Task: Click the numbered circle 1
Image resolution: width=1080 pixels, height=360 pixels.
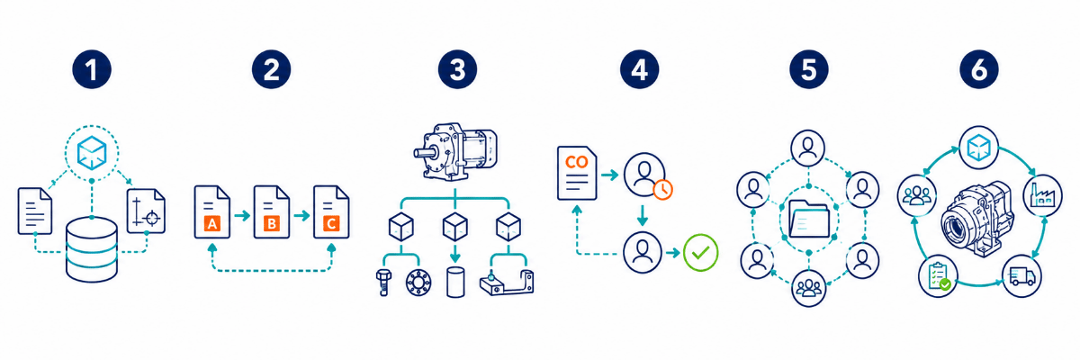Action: (92, 69)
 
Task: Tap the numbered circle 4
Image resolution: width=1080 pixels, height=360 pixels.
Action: (639, 69)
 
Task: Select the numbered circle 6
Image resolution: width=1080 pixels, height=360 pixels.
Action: (979, 69)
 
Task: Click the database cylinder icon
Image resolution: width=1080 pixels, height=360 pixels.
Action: (92, 249)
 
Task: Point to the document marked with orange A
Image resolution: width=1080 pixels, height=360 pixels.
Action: (212, 212)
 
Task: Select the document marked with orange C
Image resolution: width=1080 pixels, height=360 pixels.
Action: (331, 212)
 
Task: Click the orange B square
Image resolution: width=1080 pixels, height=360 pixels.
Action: (272, 223)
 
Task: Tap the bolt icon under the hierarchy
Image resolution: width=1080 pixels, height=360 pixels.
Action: (383, 282)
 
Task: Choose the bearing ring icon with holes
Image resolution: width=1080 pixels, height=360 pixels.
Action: (418, 282)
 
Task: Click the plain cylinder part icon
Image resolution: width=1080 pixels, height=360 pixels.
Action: (455, 282)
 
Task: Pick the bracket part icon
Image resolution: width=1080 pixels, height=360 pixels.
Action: (507, 283)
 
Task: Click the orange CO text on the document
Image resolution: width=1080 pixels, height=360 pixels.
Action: (577, 162)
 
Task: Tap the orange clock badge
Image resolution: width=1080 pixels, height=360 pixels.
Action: (663, 189)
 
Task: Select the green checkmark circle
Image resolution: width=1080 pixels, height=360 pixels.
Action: (700, 253)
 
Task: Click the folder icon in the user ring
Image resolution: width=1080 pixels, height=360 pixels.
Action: (809, 219)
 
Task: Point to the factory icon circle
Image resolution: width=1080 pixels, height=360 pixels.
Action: (1042, 195)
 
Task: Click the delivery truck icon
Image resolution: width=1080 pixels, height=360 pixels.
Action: (1021, 276)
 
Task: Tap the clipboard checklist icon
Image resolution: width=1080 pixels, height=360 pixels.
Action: (938, 276)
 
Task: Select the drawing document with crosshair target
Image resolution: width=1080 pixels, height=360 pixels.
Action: (146, 211)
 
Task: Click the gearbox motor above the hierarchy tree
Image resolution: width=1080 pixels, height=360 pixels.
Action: (455, 151)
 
